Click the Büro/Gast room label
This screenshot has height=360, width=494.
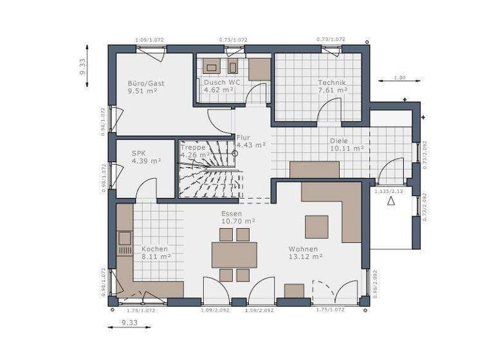point(146,83)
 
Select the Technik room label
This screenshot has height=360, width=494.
point(332,83)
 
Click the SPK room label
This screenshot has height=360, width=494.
point(139,153)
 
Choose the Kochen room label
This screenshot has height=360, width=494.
point(155,249)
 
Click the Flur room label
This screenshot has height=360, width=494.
point(243,138)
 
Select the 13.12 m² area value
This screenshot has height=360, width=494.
point(306,256)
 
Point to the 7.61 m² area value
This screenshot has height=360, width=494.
point(333,91)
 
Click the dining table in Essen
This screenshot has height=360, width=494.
point(234,255)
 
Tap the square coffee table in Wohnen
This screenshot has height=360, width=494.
point(316,226)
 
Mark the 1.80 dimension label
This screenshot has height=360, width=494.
point(399,78)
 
